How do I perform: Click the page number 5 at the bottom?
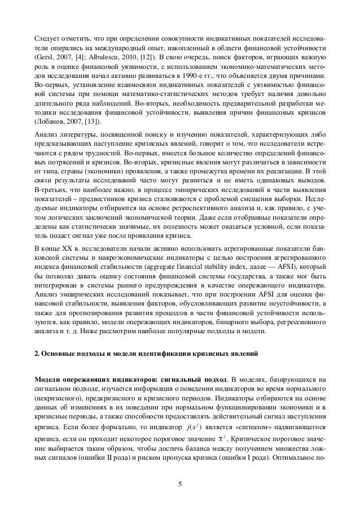[180, 483]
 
